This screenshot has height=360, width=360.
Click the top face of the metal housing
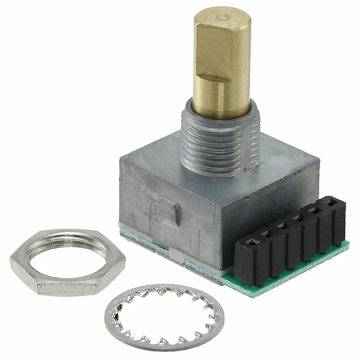tap(225, 169)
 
